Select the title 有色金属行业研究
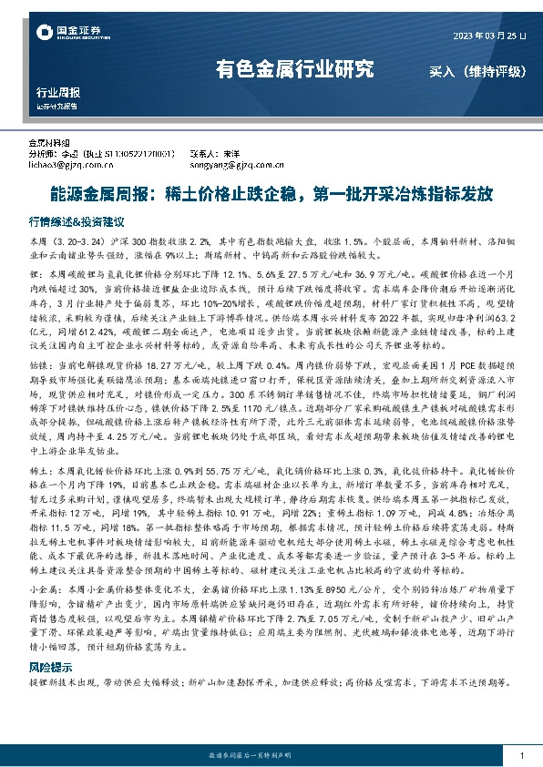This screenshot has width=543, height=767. pos(294,68)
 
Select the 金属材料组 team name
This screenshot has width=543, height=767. pos(49,144)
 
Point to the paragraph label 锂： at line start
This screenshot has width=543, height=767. pos(36,273)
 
